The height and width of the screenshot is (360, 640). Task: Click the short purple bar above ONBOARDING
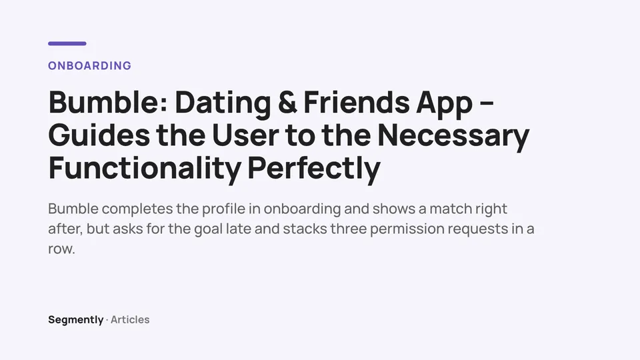point(67,43)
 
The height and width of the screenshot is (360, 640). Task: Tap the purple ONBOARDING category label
point(90,66)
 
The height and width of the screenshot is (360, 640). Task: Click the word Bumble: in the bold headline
point(108,102)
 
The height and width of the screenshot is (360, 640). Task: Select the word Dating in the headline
point(223,103)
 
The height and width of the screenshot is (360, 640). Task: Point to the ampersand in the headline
point(287,103)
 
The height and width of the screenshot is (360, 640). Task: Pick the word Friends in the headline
point(356,102)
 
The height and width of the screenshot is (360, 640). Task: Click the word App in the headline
point(445,105)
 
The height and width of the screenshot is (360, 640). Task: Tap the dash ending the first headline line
point(487,105)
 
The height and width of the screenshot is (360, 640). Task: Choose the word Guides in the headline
point(99,135)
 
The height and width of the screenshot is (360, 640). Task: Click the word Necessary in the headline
point(453,137)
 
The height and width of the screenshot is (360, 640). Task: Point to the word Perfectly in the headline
point(314,169)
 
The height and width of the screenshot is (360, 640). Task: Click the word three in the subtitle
point(348,229)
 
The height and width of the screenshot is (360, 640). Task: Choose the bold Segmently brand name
point(76,320)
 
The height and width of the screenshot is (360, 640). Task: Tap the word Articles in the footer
point(130,319)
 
